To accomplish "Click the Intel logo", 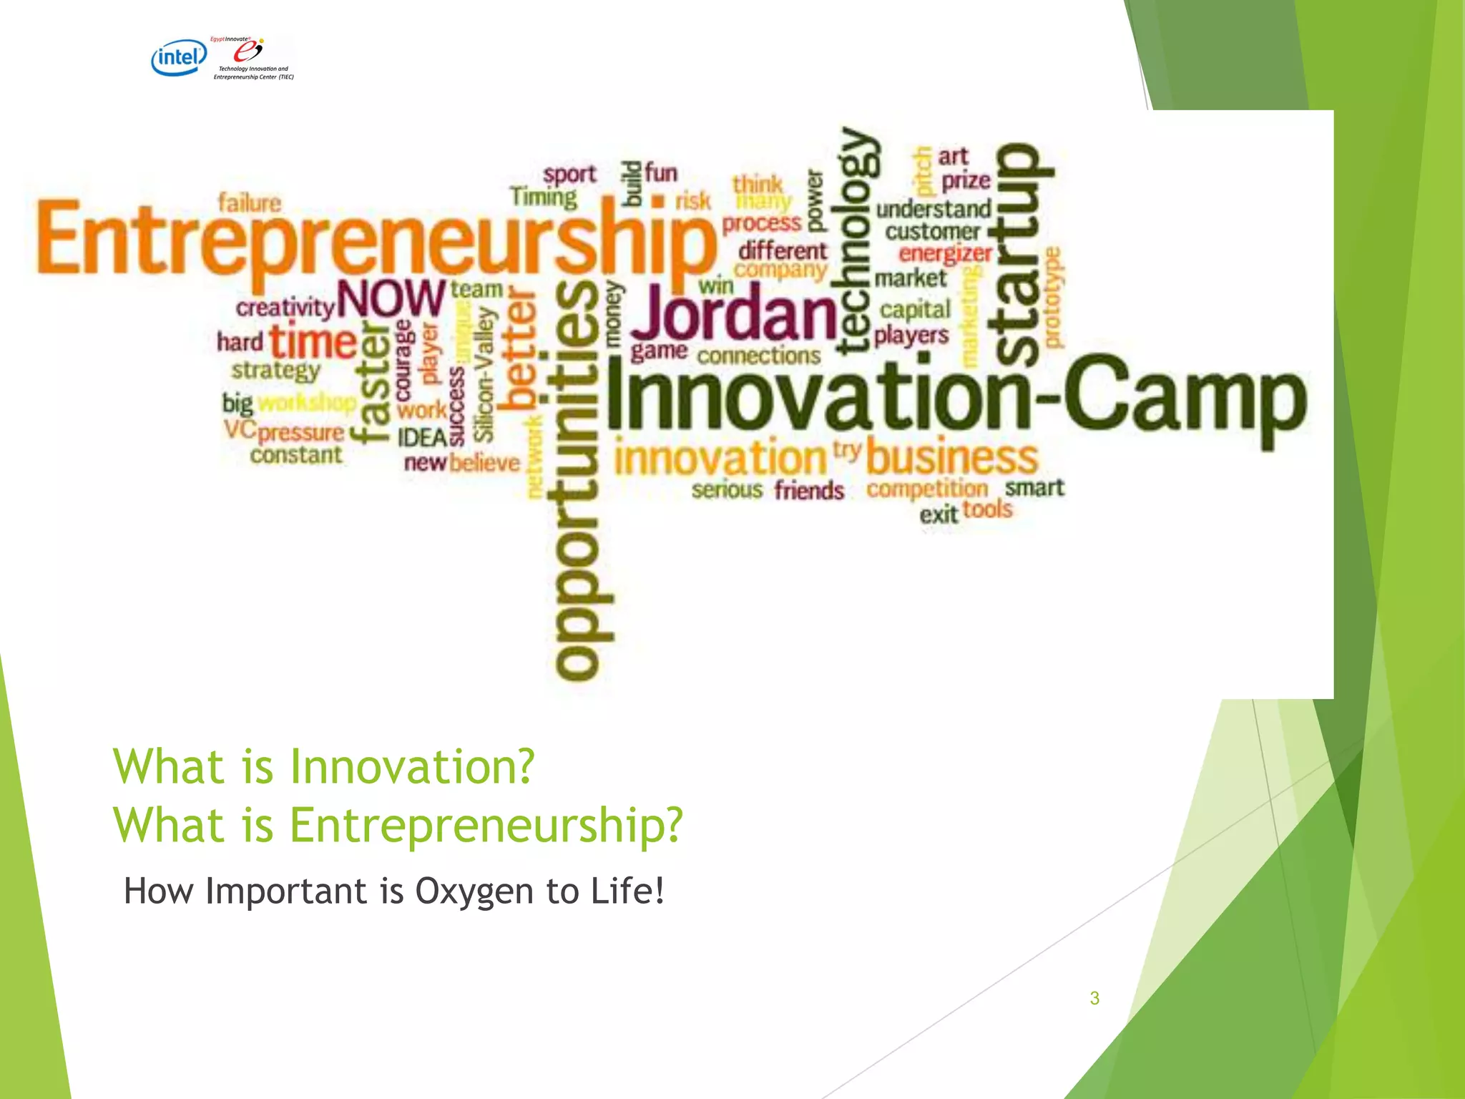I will [179, 57].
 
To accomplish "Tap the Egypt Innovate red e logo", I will [248, 51].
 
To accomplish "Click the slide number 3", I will [1094, 998].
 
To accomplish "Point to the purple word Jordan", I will [733, 313].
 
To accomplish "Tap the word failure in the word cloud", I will [250, 203].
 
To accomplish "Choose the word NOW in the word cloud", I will [391, 299].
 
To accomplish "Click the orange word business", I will [952, 458].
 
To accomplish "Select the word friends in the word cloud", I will [809, 491].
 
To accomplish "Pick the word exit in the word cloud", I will [938, 514].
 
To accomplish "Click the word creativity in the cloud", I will [285, 308].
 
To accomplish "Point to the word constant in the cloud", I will [296, 455].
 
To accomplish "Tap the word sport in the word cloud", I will [569, 175].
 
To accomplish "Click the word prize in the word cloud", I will [966, 181].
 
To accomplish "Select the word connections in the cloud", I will [759, 356].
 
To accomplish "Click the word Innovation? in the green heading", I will [412, 766].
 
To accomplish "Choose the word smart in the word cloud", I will [1034, 488].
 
